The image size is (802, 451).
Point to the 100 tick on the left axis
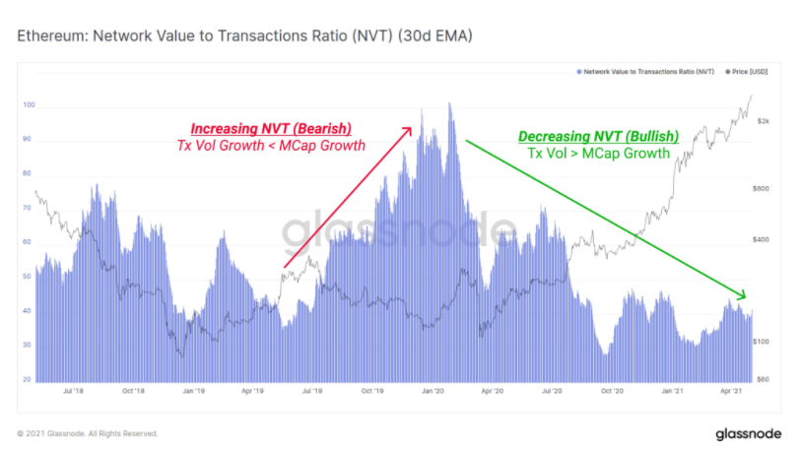pyautogui.click(x=28, y=104)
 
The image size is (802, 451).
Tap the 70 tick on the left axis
pyautogui.click(x=28, y=208)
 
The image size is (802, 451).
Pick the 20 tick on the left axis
pyautogui.click(x=28, y=379)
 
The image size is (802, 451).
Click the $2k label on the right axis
pyautogui.click(x=763, y=122)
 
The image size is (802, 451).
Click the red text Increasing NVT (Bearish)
pyautogui.click(x=271, y=129)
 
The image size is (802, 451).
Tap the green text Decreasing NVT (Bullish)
pyautogui.click(x=594, y=136)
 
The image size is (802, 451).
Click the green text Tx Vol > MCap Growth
pyautogui.click(x=598, y=154)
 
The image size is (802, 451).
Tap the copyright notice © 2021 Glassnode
pyautogui.click(x=87, y=433)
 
